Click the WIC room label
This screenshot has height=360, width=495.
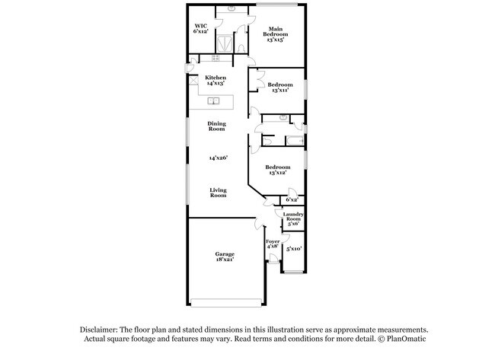(200, 25)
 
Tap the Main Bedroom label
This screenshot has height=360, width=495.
(275, 30)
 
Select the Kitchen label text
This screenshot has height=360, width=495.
(216, 78)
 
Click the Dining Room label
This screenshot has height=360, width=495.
(218, 126)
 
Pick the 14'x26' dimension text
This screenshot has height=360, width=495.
(218, 158)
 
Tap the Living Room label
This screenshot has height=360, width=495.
(218, 193)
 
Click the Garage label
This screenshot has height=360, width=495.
(224, 253)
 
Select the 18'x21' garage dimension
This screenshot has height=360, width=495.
(224, 260)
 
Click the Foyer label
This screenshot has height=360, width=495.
(272, 241)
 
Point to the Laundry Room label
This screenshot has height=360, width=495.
(293, 217)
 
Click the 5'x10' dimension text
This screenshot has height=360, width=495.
(294, 249)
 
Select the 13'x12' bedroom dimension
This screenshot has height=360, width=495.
(277, 173)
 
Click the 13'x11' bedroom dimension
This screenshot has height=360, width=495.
(279, 91)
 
